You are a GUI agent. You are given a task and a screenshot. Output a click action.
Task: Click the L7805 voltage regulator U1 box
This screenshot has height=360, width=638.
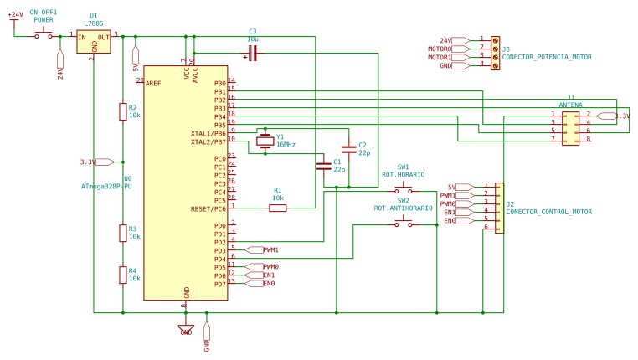[x=94, y=42]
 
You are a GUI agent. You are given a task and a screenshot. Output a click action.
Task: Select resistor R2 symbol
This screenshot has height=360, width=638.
[x=122, y=111]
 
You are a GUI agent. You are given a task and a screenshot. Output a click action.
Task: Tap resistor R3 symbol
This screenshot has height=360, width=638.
[x=122, y=233]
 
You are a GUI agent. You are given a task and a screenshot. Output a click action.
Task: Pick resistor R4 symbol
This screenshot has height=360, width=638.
[x=122, y=274]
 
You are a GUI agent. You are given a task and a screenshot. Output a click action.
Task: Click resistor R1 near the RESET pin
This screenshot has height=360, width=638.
[x=278, y=208]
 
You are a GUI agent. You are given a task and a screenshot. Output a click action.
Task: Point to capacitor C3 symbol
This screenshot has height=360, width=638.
[x=253, y=54]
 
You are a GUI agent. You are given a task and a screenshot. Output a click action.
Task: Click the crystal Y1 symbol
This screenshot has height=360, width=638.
[x=265, y=141]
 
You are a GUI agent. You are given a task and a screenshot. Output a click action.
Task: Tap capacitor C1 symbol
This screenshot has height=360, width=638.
[x=323, y=167]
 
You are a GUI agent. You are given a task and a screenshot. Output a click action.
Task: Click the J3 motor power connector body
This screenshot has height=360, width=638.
[x=496, y=52]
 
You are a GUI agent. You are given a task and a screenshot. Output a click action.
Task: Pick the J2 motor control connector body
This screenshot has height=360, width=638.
[x=500, y=208]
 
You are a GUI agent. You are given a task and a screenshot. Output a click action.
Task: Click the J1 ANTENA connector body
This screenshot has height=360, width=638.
[x=570, y=126]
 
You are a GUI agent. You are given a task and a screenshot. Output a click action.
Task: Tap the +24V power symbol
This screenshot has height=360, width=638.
[x=14, y=18]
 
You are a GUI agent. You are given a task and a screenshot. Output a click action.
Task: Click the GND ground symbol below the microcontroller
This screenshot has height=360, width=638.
[x=186, y=329]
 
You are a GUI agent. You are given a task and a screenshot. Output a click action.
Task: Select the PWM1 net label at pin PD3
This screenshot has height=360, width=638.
[x=270, y=250]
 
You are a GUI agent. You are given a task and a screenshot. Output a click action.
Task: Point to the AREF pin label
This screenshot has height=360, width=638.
[x=153, y=84]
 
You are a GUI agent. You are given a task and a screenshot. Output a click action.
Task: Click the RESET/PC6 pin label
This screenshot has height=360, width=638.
[x=208, y=209]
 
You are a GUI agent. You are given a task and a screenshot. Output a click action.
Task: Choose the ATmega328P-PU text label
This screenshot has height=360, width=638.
[x=106, y=187]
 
